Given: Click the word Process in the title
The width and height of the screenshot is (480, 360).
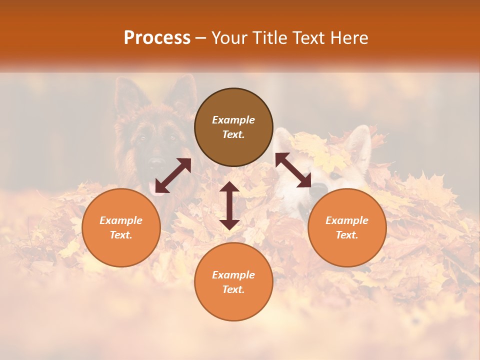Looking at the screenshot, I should point(157,38).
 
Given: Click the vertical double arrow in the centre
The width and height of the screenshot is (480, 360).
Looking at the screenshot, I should point(229,205).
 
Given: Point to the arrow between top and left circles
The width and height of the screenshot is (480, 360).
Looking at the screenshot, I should point(173,175).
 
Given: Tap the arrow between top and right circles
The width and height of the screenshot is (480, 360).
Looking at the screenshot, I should point(293,170).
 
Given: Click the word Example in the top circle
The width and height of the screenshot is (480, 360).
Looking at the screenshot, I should point(233,120).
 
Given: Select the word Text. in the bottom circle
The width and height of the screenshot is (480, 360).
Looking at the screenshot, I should point(233,289).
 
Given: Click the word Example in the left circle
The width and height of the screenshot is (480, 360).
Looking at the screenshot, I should point(121,220).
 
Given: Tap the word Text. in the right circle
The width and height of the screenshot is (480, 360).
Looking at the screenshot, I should point(347,235).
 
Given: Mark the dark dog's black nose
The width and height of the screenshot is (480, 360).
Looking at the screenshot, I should point(156,162).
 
